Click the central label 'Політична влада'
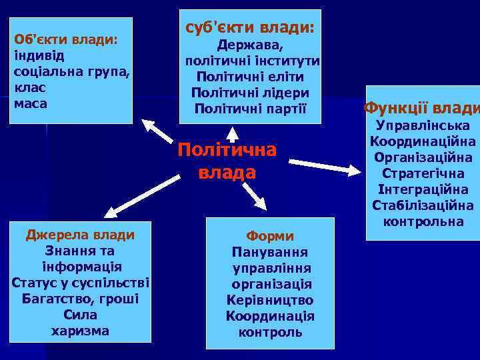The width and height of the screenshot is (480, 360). (x=227, y=161)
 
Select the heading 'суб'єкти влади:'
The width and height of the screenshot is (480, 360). (x=249, y=29)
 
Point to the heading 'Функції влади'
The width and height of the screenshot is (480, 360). (x=421, y=107)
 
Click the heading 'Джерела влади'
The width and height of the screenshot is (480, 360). (x=80, y=235)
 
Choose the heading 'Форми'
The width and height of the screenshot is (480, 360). (x=270, y=236)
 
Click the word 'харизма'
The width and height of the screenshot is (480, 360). (x=80, y=331)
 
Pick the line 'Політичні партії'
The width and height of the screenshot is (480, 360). (x=251, y=108)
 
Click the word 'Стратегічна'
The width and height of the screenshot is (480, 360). (x=423, y=173)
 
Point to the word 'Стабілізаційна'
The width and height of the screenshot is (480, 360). (x=423, y=205)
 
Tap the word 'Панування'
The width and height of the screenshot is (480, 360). (x=270, y=252)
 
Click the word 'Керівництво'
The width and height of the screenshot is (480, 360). (x=270, y=300)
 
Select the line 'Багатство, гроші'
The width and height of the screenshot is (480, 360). (x=80, y=299)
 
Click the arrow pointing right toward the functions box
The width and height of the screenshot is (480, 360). (x=323, y=166)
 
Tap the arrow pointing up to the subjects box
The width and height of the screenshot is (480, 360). (x=231, y=133)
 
